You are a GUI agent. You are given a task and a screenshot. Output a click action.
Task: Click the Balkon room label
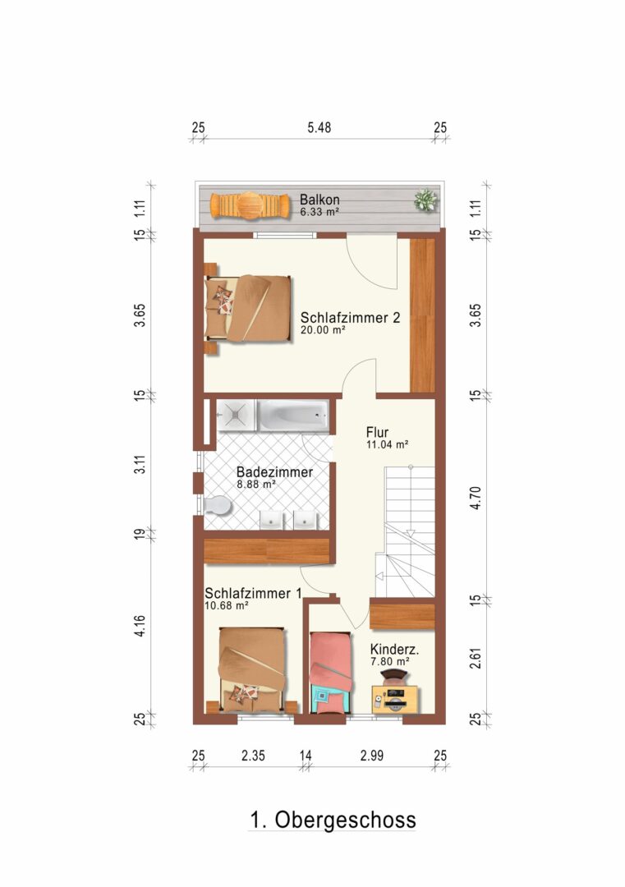point(319,200)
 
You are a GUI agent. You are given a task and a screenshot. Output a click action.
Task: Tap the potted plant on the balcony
point(425,200)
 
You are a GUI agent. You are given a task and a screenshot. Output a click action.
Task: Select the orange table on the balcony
point(247,205)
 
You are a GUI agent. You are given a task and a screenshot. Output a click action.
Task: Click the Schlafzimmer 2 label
point(350,317)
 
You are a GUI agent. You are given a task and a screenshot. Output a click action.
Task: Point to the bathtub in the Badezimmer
point(293,416)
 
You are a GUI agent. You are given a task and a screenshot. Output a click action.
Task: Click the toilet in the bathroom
point(217,505)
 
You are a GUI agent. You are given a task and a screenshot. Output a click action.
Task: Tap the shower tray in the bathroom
point(235,416)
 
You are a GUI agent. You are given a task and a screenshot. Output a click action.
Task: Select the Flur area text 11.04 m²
point(388,444)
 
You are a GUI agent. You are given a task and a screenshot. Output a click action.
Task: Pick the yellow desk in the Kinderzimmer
point(395,699)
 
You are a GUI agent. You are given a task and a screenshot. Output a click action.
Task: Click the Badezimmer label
point(274,471)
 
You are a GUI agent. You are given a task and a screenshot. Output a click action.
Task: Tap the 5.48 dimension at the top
point(319,128)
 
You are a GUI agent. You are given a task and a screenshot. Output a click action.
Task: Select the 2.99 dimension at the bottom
point(371,756)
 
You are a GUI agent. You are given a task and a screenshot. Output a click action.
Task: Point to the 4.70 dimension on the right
point(476,498)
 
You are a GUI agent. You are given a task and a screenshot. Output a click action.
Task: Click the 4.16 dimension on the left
point(140,626)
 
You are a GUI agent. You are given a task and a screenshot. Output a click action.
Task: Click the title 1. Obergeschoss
point(333,820)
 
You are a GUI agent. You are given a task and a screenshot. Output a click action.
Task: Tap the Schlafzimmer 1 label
point(253,594)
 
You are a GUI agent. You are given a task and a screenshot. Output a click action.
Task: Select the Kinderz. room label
point(394,650)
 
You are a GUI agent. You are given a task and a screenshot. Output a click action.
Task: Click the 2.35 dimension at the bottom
point(253,756)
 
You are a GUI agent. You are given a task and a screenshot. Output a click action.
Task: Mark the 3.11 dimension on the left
point(140,464)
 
